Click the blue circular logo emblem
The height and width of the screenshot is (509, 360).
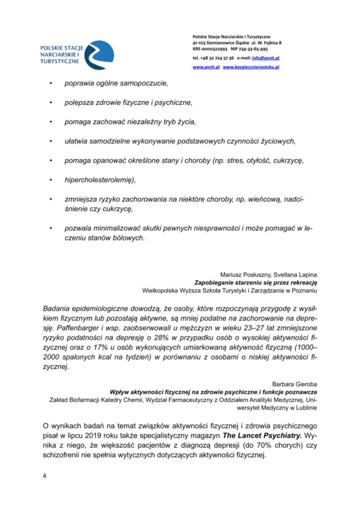98,55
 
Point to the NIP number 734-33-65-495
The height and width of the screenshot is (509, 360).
254,49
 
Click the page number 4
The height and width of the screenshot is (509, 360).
44,476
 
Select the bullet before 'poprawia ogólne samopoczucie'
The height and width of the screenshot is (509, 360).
51,83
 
